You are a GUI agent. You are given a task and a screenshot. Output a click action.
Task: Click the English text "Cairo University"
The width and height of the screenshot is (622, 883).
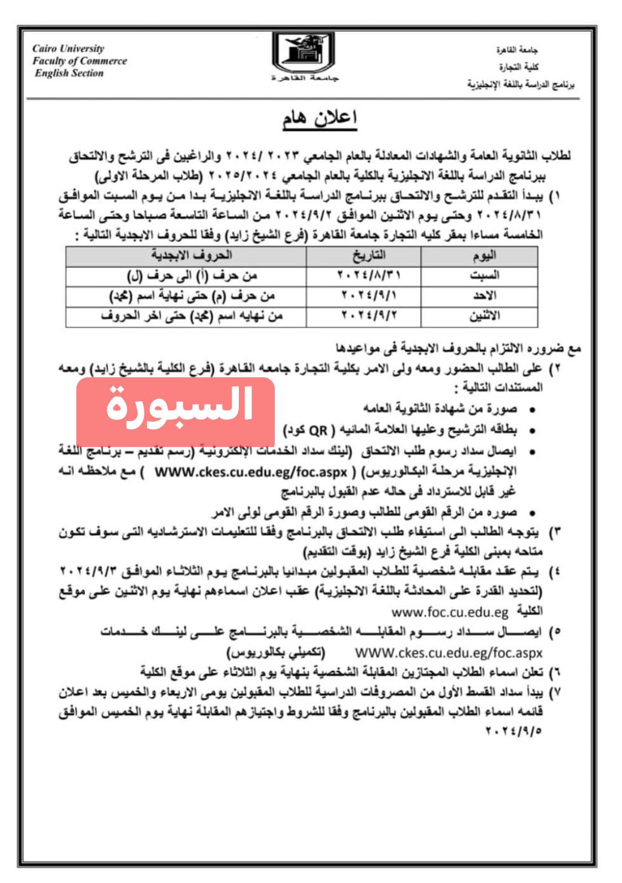[68, 49]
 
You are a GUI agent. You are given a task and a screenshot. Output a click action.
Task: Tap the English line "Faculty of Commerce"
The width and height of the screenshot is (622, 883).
[80, 61]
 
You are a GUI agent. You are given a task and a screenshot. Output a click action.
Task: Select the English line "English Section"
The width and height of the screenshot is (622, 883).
[69, 73]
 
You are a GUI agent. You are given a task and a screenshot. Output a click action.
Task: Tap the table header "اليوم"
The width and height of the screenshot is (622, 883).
[484, 255]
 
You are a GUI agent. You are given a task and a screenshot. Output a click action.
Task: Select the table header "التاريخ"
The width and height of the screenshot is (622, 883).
[369, 255]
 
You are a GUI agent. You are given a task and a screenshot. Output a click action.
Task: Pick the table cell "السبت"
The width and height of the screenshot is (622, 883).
[484, 275]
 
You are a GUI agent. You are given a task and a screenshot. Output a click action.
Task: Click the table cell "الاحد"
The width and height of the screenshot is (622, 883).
[484, 295]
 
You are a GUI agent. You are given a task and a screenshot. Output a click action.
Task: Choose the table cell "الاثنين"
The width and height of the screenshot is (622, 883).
[484, 316]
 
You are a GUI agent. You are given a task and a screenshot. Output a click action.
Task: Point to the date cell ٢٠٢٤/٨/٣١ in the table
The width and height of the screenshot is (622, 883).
[369, 275]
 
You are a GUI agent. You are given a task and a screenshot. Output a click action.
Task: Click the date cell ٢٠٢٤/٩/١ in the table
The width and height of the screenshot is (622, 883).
[369, 295]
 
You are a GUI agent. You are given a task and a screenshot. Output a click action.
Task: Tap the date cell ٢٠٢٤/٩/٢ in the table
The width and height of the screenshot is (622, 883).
[369, 316]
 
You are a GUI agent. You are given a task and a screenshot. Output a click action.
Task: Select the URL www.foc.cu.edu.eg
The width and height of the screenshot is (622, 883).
[449, 612]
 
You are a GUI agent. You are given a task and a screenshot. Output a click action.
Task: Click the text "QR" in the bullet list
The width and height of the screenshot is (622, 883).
[318, 430]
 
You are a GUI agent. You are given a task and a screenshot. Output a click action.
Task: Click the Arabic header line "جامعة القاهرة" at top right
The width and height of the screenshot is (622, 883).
[516, 50]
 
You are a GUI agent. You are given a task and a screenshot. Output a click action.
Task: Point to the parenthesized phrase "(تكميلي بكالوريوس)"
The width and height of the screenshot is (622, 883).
[276, 652]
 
